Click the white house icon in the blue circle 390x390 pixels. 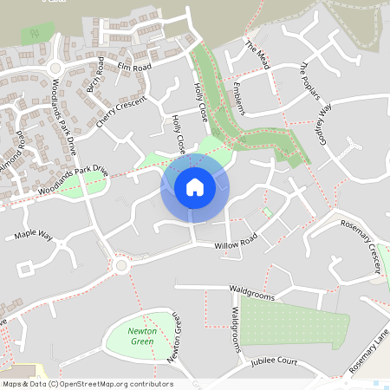[194, 186]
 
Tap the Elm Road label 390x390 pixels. [134, 66]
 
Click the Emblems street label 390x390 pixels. [239, 98]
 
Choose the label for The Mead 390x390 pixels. [258, 55]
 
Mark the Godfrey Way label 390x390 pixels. [322, 123]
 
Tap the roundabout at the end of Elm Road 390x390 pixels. [57, 67]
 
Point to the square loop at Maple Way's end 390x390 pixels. [25, 269]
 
